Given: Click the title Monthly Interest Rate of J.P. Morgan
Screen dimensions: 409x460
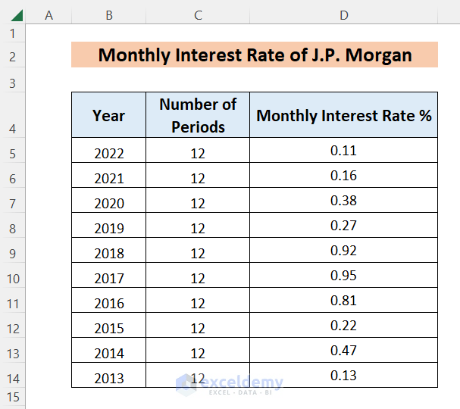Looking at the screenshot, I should tap(255, 55).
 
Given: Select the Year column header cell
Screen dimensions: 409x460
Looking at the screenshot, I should tap(108, 115).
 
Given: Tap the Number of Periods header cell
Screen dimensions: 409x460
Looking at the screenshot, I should tap(198, 115).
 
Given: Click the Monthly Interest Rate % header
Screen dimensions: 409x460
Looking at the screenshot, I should tap(343, 115).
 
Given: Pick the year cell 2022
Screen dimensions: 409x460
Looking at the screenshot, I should tap(108, 153).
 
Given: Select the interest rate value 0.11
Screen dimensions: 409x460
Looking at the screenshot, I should tap(343, 151).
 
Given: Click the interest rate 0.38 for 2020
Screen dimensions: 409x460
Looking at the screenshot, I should tap(343, 201).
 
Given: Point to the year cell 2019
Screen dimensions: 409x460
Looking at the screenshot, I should tap(108, 228).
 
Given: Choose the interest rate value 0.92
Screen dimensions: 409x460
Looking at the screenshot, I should tap(343, 251).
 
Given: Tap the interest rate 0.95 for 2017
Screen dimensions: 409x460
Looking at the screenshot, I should tap(343, 276).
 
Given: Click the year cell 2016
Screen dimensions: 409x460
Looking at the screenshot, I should tap(108, 303).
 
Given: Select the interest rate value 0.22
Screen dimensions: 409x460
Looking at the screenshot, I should tap(343, 326).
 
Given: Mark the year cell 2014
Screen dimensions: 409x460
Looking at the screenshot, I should tap(108, 353).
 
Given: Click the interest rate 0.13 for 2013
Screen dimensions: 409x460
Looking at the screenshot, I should tap(343, 376).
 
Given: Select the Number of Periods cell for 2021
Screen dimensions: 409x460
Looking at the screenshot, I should tap(198, 178).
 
